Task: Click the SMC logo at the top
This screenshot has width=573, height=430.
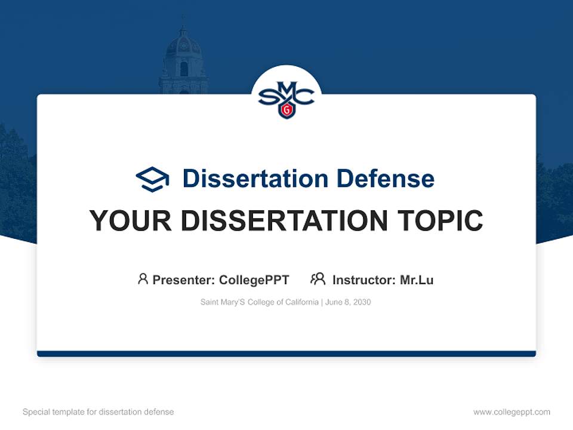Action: pyautogui.click(x=286, y=97)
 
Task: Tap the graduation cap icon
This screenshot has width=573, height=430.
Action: pyautogui.click(x=152, y=179)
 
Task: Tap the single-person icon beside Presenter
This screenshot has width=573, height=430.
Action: pyautogui.click(x=143, y=279)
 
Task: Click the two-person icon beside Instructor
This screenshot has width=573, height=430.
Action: pyautogui.click(x=318, y=279)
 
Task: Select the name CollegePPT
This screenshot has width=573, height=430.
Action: pyautogui.click(x=254, y=280)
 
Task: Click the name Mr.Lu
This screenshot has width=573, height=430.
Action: pyautogui.click(x=417, y=280)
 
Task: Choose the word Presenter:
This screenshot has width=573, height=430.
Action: pyautogui.click(x=184, y=280)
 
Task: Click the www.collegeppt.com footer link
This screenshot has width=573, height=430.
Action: pyautogui.click(x=512, y=412)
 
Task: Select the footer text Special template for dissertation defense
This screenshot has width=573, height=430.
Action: pyautogui.click(x=98, y=412)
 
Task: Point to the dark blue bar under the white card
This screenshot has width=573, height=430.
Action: pyautogui.click(x=286, y=354)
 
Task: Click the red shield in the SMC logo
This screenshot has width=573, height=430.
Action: pyautogui.click(x=287, y=110)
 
